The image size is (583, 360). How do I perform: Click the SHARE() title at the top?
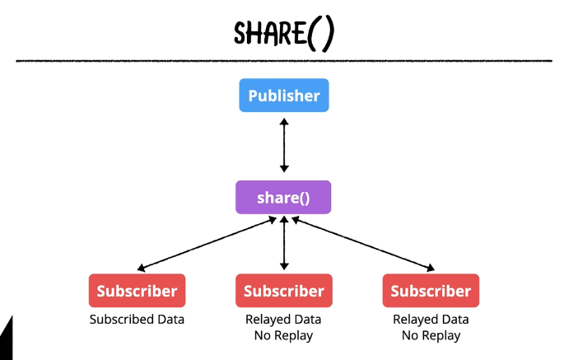pos(284,32)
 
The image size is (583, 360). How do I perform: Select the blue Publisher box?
pos(284,96)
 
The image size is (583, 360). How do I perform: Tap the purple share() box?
pos(284,198)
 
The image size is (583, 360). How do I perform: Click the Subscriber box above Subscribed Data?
pos(137,291)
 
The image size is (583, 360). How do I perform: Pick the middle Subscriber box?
pos(284,291)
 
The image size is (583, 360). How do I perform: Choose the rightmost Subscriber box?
pos(431,291)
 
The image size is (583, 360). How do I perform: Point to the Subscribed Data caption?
pos(137,320)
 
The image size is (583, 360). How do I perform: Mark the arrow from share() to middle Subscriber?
pos(284,244)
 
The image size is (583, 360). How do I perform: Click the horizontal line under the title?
pos(284,61)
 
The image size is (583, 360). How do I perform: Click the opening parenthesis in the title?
pos(315,34)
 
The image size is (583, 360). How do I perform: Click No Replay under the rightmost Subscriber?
pos(431,335)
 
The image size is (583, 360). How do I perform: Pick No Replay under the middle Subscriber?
pos(284,335)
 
